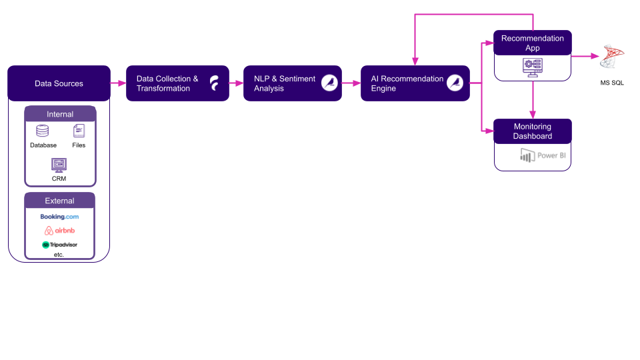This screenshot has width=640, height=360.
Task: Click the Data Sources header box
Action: coord(59,83)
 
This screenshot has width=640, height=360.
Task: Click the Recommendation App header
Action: coord(532,43)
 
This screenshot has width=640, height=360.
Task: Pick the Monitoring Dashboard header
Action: coord(532,131)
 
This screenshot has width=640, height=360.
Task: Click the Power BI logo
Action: coord(543,156)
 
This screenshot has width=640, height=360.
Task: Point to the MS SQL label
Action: coord(612,83)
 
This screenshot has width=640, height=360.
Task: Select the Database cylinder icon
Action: coord(43,131)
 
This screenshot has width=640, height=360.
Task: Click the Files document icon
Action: coord(79,131)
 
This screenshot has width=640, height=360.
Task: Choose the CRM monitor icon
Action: coord(59,164)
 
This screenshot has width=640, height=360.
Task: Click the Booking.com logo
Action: coord(59,217)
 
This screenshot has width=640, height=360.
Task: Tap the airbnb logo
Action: coord(59,231)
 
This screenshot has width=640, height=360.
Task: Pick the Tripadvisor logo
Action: coord(59,245)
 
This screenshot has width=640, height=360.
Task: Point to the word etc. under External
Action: coord(59,255)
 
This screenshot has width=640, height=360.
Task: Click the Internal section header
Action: coord(60,114)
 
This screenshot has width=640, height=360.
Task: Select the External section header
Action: coord(60,201)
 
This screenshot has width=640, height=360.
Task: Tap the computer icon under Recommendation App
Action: coord(533,67)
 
